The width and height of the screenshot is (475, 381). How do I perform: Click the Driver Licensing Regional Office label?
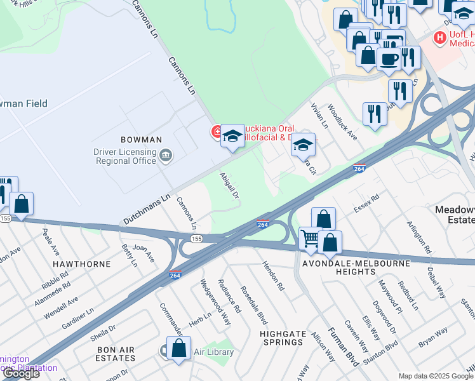coord(124,156)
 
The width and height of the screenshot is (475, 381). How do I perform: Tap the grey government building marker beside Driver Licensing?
coord(166,154)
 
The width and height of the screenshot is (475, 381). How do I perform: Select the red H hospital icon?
coord(438,38)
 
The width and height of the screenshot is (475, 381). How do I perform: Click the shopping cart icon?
coord(311,239)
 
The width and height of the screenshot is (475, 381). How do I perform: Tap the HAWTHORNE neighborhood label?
coord(81,264)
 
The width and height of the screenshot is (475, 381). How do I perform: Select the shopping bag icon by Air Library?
coord(179,349)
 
